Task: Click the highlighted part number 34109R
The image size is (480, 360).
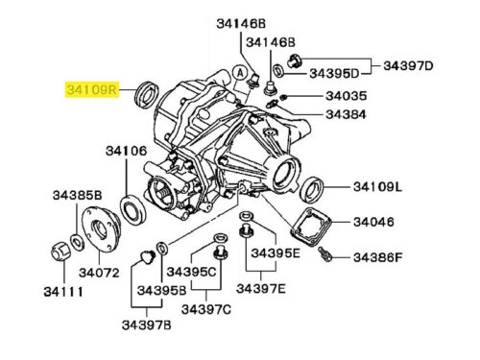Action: tap(92, 89)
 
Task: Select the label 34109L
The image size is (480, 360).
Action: tap(377, 187)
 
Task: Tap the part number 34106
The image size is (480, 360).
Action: tap(126, 151)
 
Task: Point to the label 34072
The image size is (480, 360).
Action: tap(99, 273)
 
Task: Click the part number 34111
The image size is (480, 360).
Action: tap(63, 292)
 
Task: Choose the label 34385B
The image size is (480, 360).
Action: tap(77, 195)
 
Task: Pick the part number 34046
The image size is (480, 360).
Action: tap(373, 222)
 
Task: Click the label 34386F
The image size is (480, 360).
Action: tap(377, 257)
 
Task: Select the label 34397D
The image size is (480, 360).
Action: tap(408, 65)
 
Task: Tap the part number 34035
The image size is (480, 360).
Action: tap(346, 96)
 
